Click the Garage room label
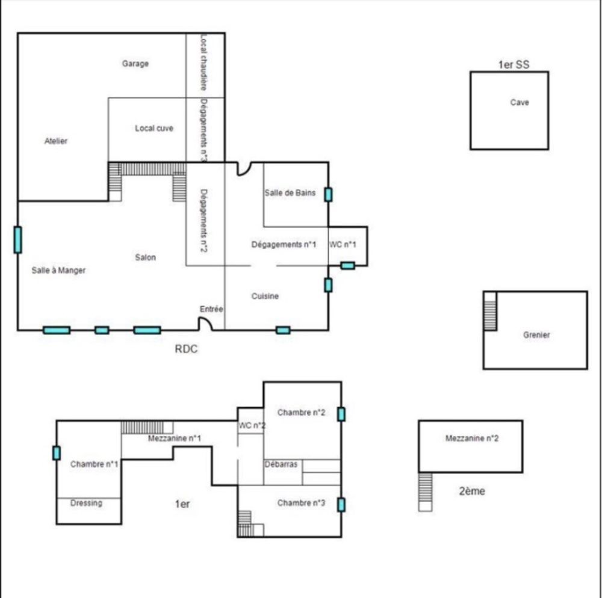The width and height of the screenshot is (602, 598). click(x=135, y=64)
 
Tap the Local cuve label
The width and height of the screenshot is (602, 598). click(x=154, y=129)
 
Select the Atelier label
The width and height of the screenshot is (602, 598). click(x=56, y=141)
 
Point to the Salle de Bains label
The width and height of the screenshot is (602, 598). click(x=290, y=193)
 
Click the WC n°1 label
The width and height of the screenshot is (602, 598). click(x=343, y=244)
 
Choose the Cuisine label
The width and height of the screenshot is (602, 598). click(x=265, y=296)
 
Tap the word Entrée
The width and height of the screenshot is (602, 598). click(x=211, y=309)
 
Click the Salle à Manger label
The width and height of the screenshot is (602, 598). click(x=58, y=270)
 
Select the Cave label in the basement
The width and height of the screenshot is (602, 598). click(x=520, y=102)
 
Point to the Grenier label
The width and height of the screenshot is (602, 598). click(x=536, y=335)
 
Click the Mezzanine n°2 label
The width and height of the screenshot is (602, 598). click(x=472, y=439)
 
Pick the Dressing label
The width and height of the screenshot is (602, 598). click(x=86, y=503)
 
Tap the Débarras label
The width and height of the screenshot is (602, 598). click(x=281, y=464)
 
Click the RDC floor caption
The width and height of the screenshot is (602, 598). click(x=186, y=349)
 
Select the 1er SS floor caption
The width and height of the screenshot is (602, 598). click(x=514, y=64)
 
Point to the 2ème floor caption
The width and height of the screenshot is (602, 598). click(x=472, y=491)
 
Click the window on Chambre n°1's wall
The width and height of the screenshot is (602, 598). click(x=57, y=453)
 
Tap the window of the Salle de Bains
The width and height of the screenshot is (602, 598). click(x=328, y=194)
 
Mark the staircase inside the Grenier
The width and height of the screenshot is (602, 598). click(x=490, y=316)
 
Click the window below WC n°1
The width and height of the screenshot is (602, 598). click(x=348, y=265)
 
